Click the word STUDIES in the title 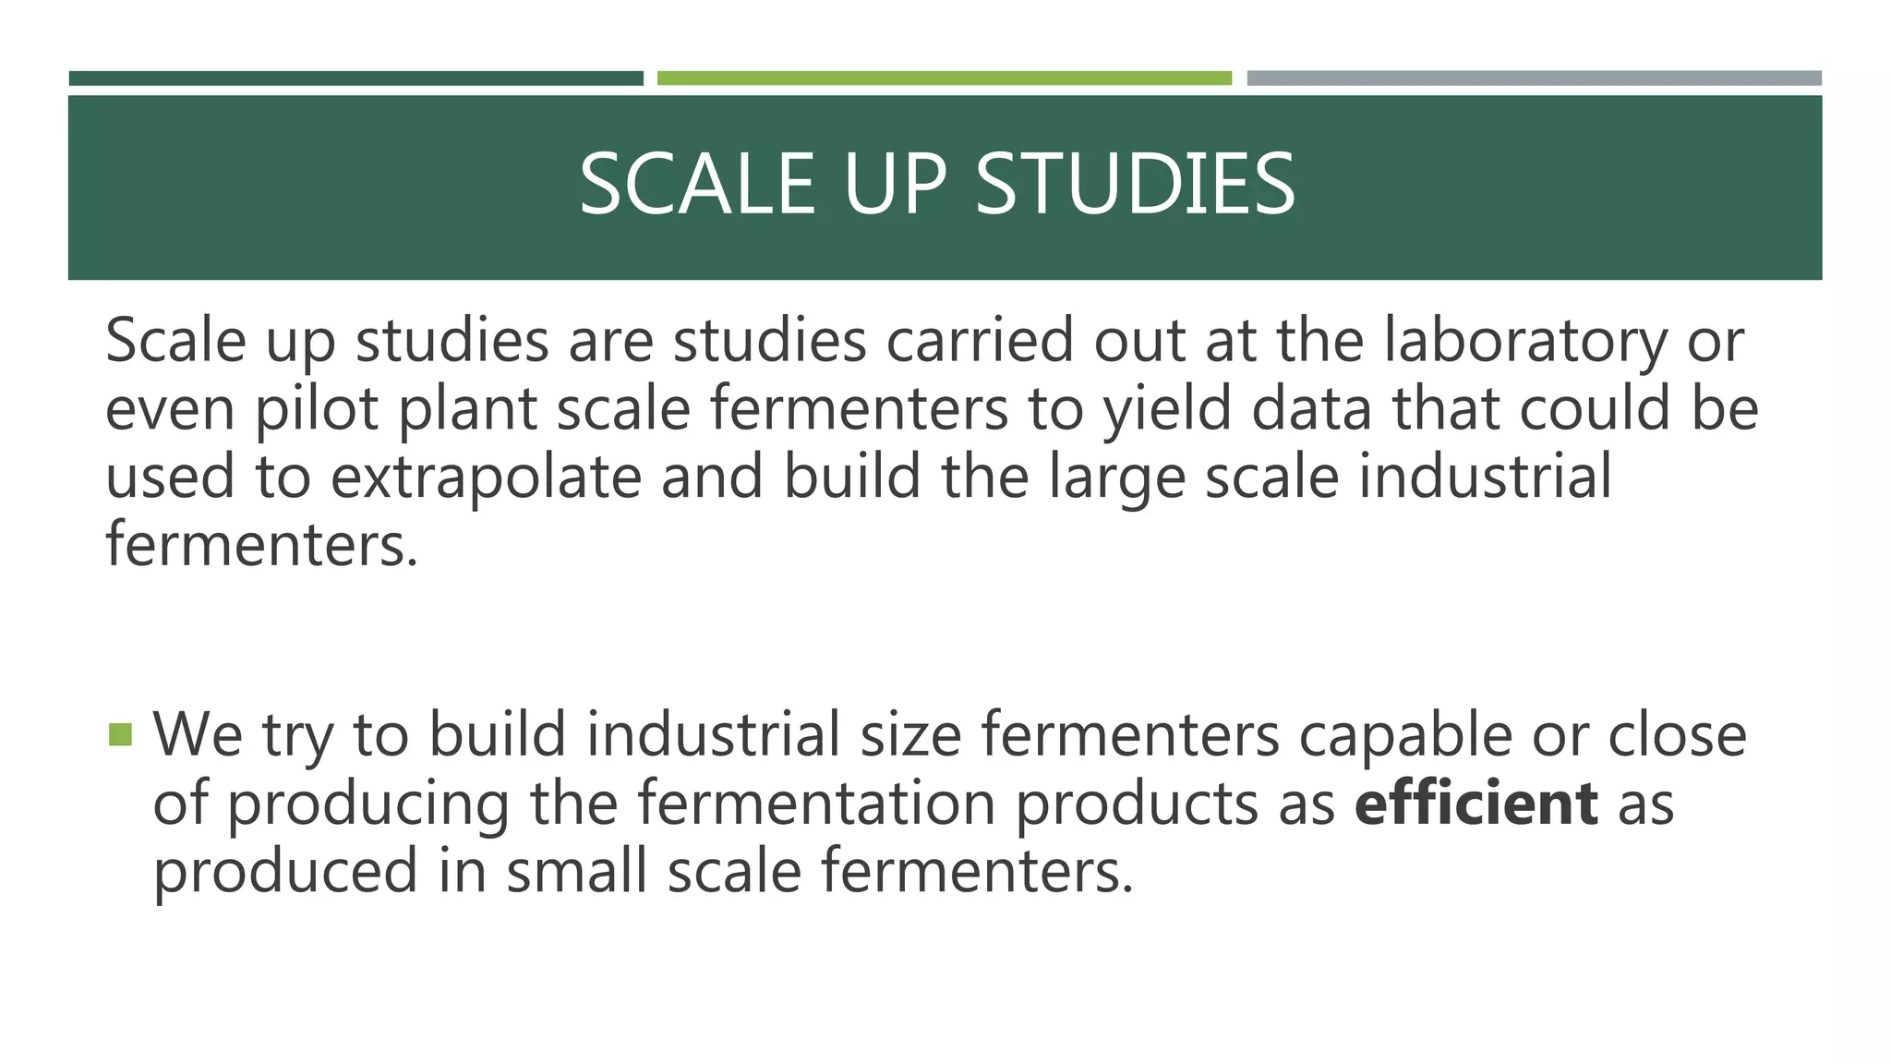(x=1135, y=185)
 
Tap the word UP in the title (x=895, y=185)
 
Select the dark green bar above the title (x=355, y=79)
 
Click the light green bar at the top (x=944, y=79)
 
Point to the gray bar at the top (x=1534, y=79)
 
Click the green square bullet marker (x=120, y=735)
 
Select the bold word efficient (x=1475, y=803)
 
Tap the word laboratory (x=1525, y=341)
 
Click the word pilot (x=317, y=409)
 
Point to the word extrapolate (x=486, y=478)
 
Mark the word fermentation (x=816, y=803)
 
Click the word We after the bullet (x=198, y=736)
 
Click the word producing (x=367, y=804)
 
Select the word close (x=1677, y=736)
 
